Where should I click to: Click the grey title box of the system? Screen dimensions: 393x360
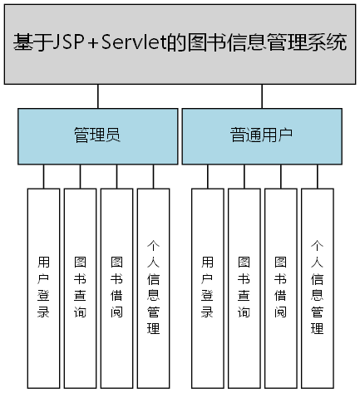click(x=180, y=66)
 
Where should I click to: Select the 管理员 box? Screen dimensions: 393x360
click(x=97, y=135)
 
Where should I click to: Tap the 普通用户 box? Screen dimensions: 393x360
click(x=261, y=135)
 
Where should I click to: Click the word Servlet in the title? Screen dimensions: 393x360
click(x=137, y=42)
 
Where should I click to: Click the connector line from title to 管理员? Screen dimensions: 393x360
click(x=98, y=96)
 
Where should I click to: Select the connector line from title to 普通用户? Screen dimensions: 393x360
click(x=262, y=96)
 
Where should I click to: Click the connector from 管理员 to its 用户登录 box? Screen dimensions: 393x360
click(x=44, y=176)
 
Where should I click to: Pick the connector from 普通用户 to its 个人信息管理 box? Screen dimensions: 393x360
click(x=318, y=176)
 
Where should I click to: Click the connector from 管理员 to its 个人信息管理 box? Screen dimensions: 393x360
click(x=154, y=176)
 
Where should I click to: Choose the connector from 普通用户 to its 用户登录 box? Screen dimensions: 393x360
click(x=208, y=176)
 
